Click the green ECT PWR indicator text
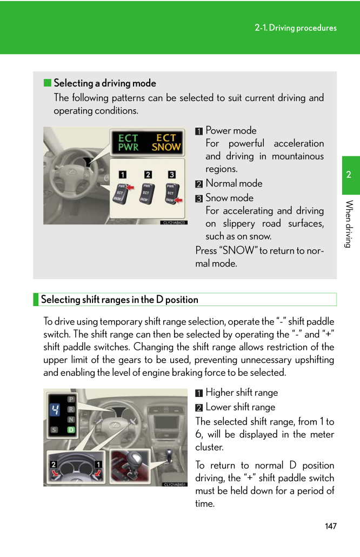pos(128,143)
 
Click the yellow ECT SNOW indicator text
pos(165,143)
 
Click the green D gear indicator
pos(71,430)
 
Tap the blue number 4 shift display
pos(55,410)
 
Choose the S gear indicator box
pos(54,430)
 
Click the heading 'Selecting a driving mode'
pos(105,83)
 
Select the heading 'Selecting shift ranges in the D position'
pos(119,300)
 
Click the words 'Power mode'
pos(231,130)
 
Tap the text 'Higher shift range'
pos(242,393)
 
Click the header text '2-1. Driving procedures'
pos(296,28)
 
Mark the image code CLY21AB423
pos(174,222)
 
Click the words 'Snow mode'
pos(229,198)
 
